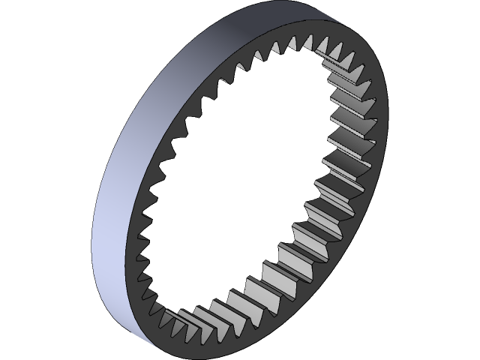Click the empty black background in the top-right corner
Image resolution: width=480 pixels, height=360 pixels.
pos(450,22)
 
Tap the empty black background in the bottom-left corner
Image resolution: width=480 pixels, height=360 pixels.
pos(30,337)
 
